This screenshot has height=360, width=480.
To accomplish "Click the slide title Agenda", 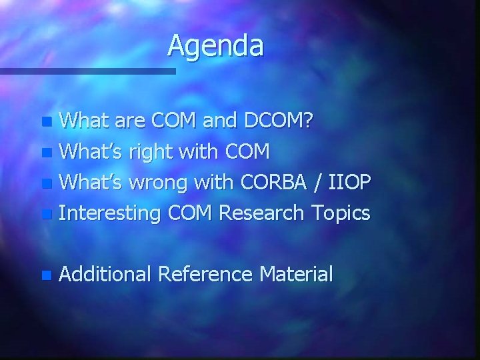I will coord(215,46).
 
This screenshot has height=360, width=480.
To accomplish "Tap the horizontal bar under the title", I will coord(87,70).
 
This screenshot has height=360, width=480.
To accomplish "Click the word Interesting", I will coord(110,213).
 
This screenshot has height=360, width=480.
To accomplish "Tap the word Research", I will coord(261,213).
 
